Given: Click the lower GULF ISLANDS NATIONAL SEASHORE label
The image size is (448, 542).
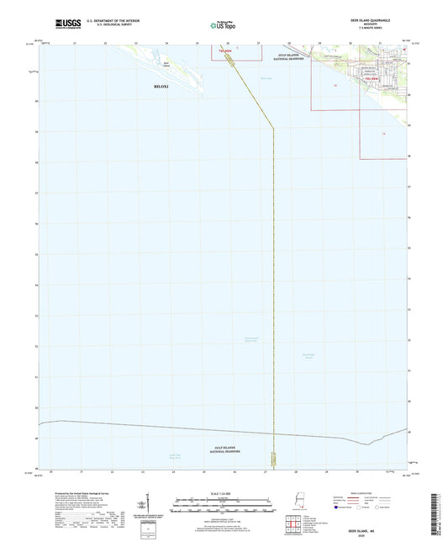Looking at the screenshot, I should click(225, 449).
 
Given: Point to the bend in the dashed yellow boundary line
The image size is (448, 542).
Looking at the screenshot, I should click(274, 129).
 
